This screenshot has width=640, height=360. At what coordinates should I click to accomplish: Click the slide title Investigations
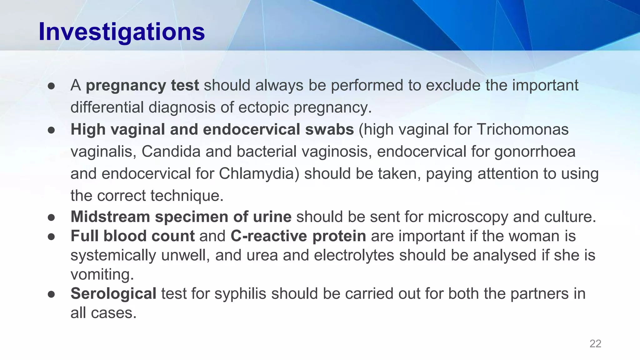(x=122, y=32)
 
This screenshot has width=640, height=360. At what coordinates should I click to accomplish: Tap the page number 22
(x=595, y=344)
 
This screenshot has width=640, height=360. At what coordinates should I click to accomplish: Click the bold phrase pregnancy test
(x=142, y=85)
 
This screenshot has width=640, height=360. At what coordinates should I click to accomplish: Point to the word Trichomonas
(x=522, y=129)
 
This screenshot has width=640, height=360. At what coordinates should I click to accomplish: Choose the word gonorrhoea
(x=535, y=152)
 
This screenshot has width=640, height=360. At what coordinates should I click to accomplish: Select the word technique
(x=187, y=196)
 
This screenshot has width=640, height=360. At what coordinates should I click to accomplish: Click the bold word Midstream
(x=110, y=217)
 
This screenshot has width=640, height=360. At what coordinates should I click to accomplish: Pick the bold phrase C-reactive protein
(x=298, y=236)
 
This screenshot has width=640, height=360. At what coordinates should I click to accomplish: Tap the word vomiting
(x=102, y=275)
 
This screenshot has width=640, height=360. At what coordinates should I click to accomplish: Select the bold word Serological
(x=113, y=294)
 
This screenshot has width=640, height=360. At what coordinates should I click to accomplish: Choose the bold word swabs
(x=329, y=129)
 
